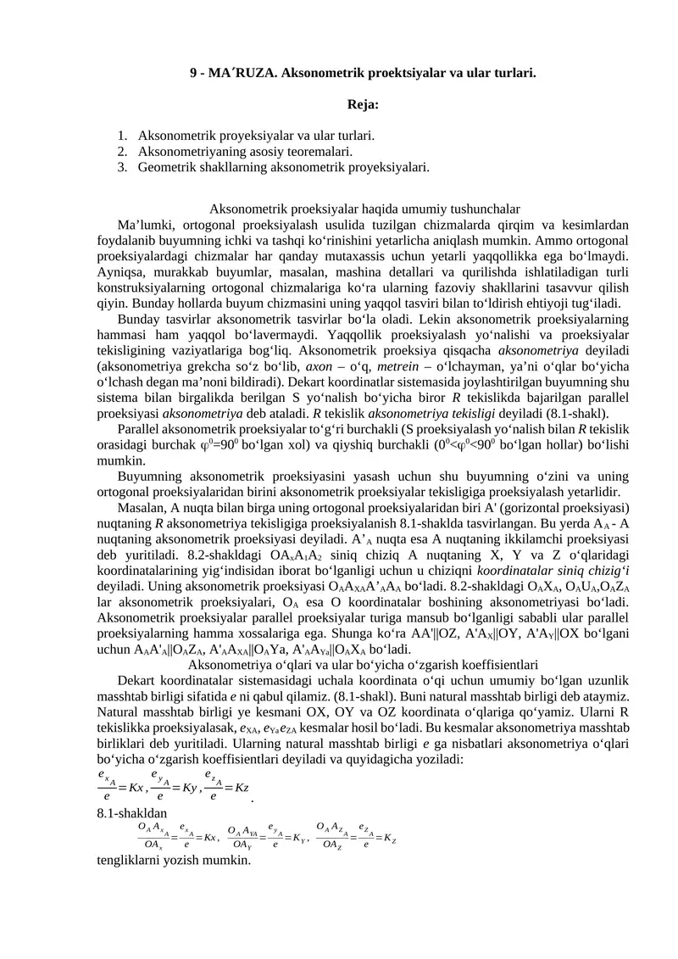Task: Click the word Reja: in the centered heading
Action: click(x=363, y=104)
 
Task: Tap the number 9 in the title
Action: click(x=192, y=74)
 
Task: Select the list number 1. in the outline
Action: click(x=123, y=135)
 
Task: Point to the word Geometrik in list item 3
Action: click(x=165, y=167)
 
